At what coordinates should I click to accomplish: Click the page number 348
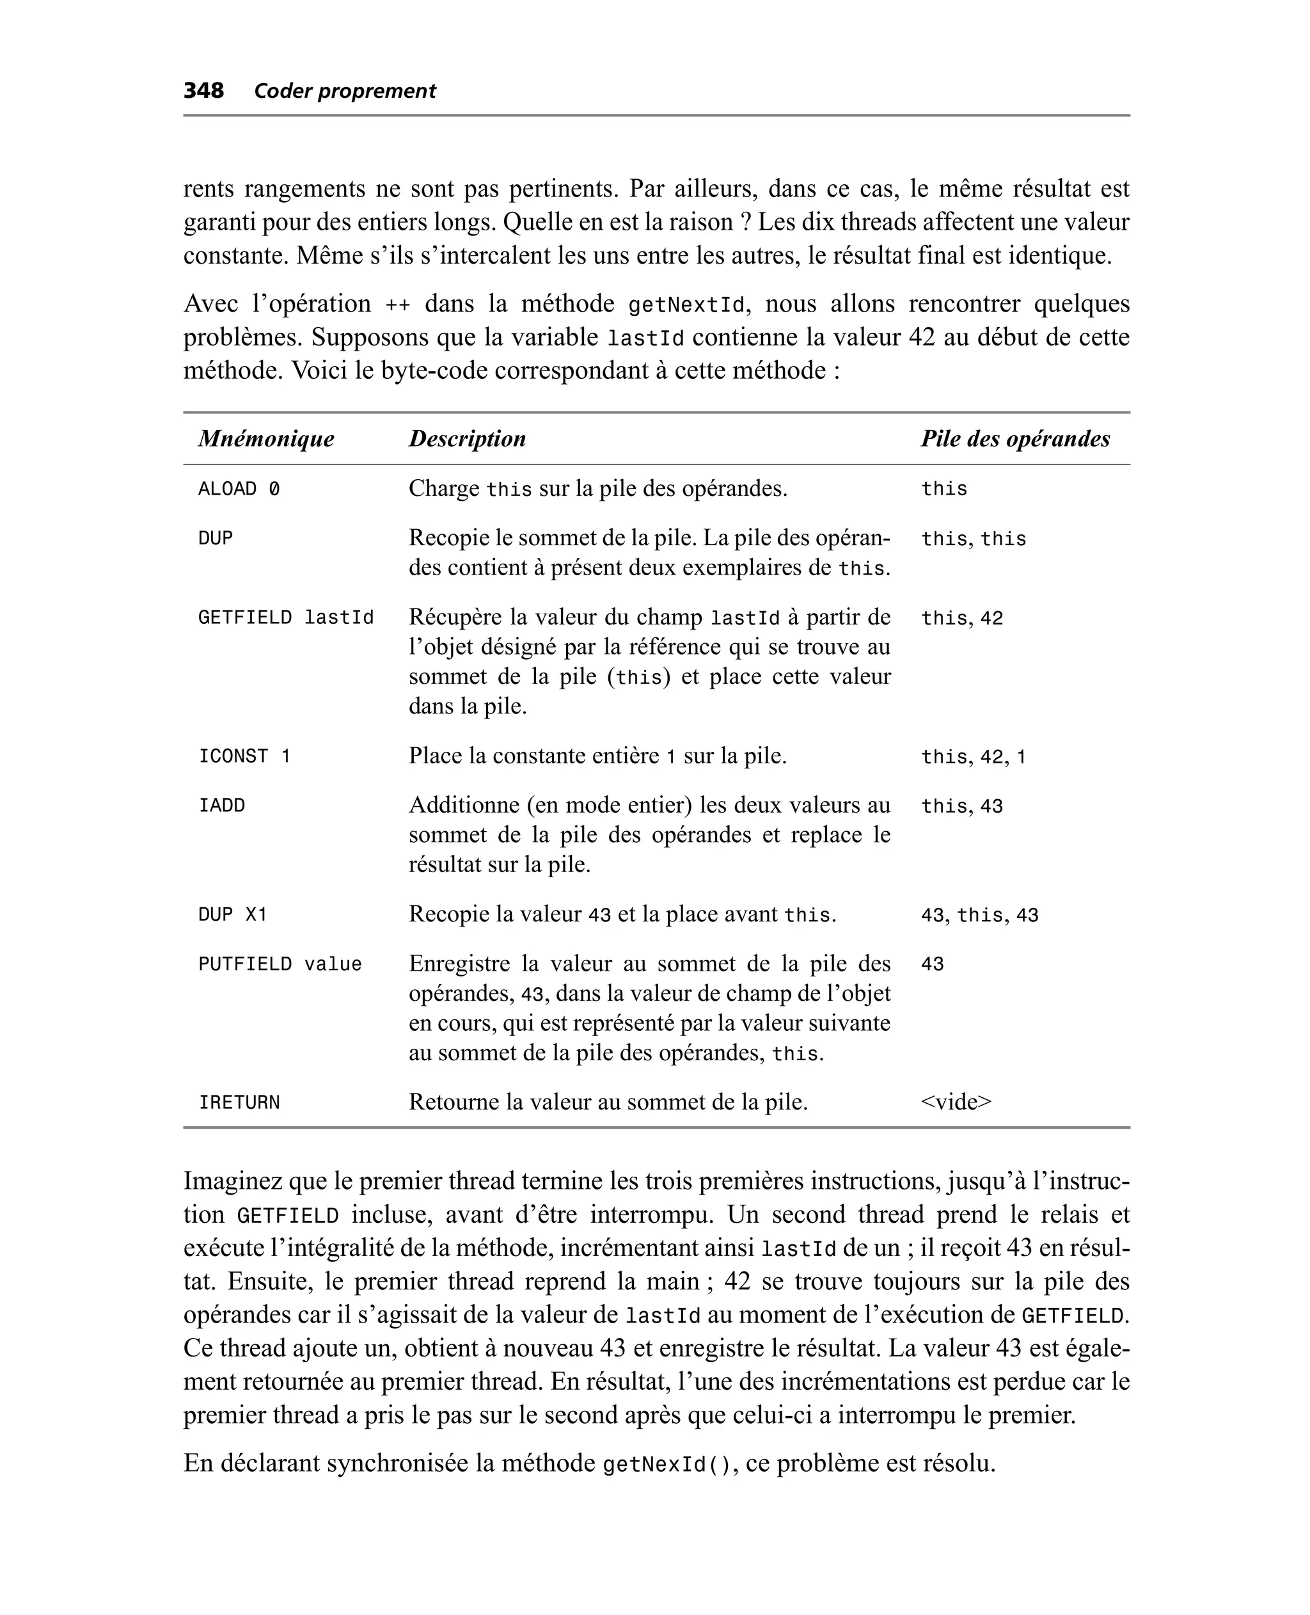coord(204,91)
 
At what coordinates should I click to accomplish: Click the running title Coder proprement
coord(345,91)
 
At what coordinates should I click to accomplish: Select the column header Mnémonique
coord(265,438)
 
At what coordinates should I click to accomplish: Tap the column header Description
coord(467,438)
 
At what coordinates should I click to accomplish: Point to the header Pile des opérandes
coord(1015,438)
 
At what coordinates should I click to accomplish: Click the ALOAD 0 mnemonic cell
coord(239,489)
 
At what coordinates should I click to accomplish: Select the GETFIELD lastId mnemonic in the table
coord(286,617)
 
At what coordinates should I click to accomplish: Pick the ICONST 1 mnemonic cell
coord(244,756)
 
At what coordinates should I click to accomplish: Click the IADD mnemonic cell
coord(222,805)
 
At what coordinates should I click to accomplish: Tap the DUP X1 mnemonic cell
coord(232,914)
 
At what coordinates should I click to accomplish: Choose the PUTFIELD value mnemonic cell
coord(280,964)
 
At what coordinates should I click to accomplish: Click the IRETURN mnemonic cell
coord(239,1102)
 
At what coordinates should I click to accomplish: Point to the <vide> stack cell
coord(956,1102)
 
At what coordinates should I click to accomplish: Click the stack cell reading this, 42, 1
coord(974,757)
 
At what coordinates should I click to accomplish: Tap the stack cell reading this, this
coord(974,539)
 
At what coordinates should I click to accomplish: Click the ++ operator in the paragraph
coord(398,305)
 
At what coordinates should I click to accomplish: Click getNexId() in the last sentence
coord(667,1465)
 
